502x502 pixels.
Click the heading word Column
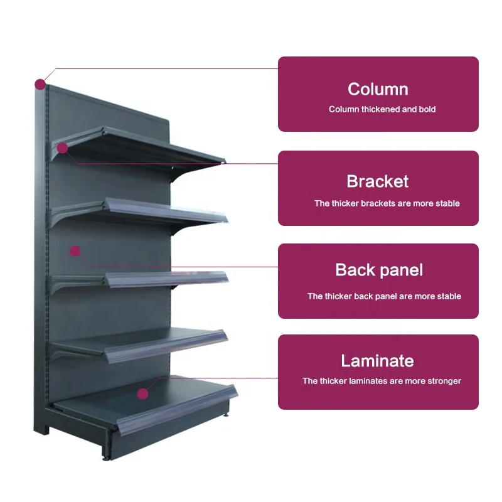click(378, 89)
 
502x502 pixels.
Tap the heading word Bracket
click(378, 182)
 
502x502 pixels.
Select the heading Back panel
click(379, 270)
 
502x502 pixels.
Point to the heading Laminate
click(378, 361)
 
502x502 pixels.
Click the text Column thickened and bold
click(382, 109)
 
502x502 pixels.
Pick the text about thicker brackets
click(387, 203)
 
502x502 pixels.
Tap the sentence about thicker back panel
click(384, 296)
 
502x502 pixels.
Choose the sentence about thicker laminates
click(382, 381)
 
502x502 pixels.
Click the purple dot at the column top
click(40, 83)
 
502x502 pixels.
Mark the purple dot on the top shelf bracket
click(62, 148)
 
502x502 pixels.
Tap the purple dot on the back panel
click(75, 252)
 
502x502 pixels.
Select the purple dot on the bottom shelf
click(143, 394)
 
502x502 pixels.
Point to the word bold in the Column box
click(426, 109)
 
